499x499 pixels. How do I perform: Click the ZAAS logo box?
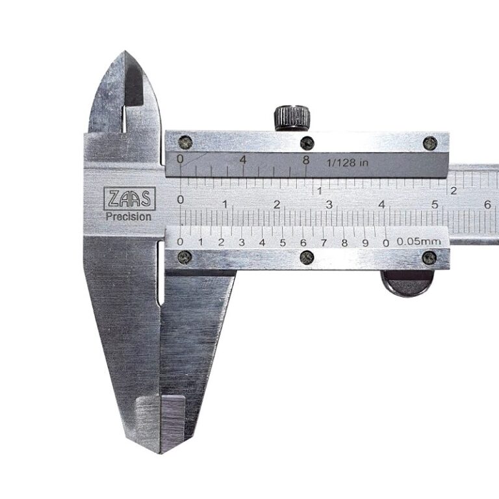[129, 199]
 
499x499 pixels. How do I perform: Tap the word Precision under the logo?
[129, 217]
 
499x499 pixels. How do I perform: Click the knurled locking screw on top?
[292, 118]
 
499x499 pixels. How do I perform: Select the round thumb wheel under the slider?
[407, 283]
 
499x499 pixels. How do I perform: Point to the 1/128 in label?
[348, 163]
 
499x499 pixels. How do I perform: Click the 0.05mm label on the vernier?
[419, 241]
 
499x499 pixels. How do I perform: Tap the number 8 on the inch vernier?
[306, 160]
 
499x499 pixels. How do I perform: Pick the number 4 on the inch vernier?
[243, 160]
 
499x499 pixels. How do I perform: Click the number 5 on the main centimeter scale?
[435, 205]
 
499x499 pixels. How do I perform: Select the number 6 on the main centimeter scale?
[487, 205]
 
